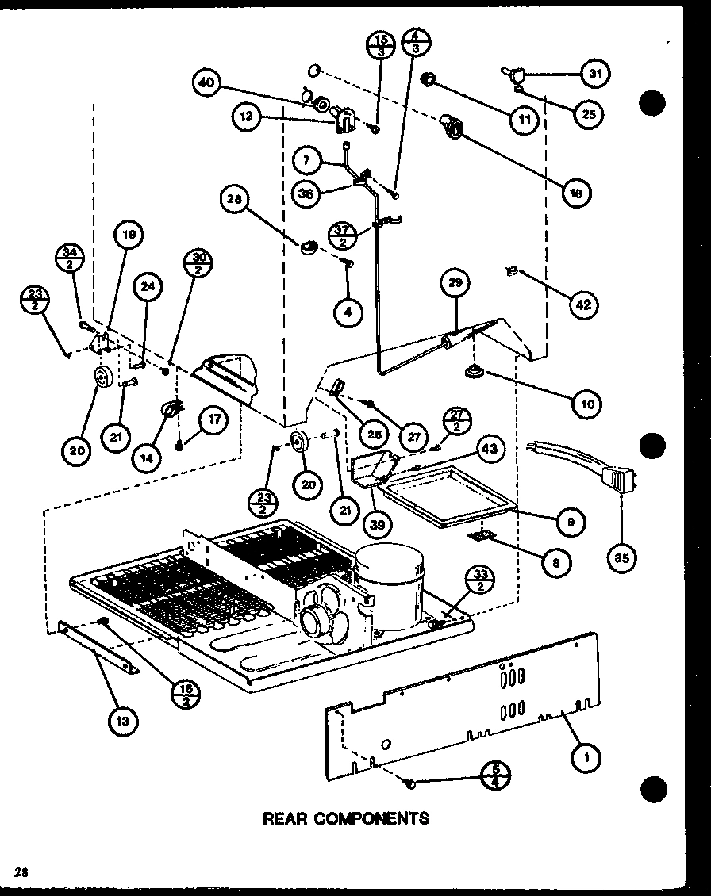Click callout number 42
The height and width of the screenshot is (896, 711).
pyautogui.click(x=583, y=304)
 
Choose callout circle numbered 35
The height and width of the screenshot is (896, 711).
pyautogui.click(x=623, y=559)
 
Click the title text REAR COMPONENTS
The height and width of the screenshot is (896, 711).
pyautogui.click(x=345, y=818)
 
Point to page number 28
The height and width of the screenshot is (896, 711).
pyautogui.click(x=21, y=872)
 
